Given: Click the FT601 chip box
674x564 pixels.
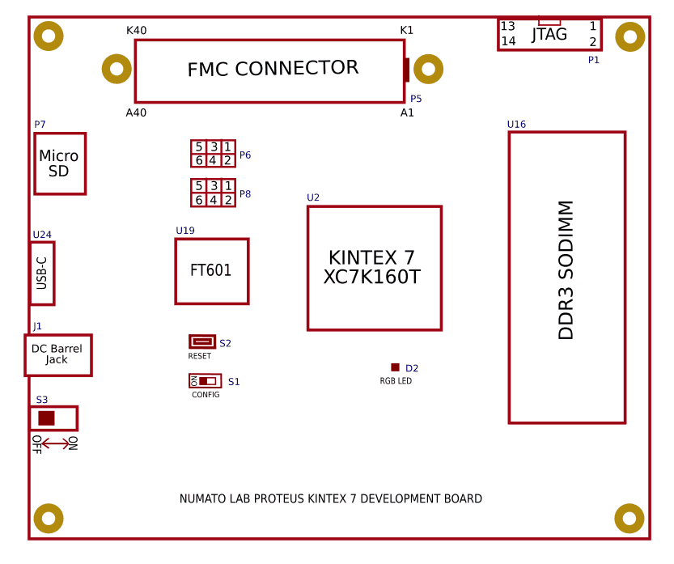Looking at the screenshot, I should (x=211, y=271).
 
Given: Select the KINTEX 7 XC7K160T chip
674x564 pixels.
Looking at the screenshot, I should (x=374, y=268).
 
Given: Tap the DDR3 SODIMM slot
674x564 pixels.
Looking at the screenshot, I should (x=566, y=277).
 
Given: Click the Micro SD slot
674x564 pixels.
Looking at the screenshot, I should (x=59, y=163).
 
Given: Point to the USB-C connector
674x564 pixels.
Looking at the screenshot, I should (x=42, y=274).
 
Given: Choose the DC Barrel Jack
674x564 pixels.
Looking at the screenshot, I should (x=57, y=354).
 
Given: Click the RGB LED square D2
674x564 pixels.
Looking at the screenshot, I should (x=395, y=367).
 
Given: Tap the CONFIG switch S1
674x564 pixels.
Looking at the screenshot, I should (x=205, y=380).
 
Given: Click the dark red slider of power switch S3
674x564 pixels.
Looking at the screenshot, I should (x=46, y=418).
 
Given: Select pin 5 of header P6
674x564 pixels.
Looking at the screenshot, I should (x=198, y=146).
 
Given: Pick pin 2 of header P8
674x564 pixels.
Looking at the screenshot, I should (x=228, y=200).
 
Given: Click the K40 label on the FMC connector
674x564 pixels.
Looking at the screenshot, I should (x=137, y=31).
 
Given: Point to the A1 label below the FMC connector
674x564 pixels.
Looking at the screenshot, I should (x=407, y=112).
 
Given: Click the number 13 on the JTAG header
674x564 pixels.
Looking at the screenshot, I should (x=508, y=27).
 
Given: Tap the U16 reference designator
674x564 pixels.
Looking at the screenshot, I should (x=516, y=125).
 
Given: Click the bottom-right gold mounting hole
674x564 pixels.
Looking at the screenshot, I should (x=629, y=519).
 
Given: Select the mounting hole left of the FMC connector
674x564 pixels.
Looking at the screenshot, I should (x=117, y=69).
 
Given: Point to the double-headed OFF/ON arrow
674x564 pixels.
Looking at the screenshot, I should (x=55, y=443).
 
